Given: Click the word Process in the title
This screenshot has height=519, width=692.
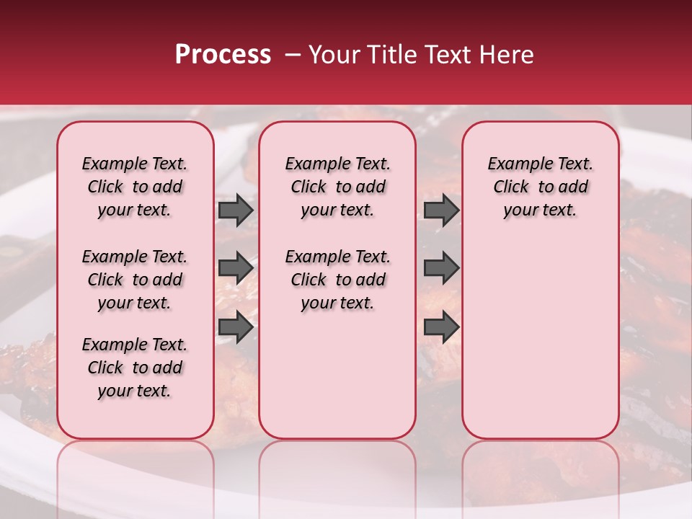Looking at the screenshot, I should pos(222,55).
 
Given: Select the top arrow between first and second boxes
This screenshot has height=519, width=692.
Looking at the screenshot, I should pos(236,210).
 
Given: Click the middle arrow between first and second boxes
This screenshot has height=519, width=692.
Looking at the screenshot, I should pos(236,268).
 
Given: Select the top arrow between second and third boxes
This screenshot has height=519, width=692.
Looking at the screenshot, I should pos(441,210).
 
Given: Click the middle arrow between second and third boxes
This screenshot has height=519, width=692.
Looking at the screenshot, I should pos(441,268).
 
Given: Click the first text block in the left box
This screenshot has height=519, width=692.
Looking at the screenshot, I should pos(135,187).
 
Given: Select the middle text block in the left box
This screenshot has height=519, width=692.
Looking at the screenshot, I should pos(135,280).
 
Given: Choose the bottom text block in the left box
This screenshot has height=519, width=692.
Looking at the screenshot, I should pos(135,368).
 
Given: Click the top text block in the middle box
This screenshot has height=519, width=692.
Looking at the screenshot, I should pos(337,187).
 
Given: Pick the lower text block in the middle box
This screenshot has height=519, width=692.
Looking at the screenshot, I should pos(337,280).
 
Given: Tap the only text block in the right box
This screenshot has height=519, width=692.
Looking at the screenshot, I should pos(540,187).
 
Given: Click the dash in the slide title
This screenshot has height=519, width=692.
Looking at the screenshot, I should pos(292,55).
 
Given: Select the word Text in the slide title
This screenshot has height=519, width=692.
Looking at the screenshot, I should pos(447,55).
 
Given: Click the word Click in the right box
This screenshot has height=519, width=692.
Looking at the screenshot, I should pos(511,187).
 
